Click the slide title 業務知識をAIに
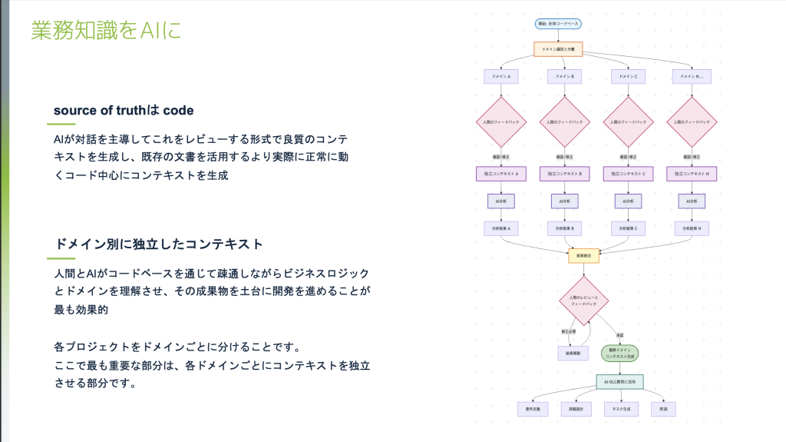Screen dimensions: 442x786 107,31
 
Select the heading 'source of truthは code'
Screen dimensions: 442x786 124,110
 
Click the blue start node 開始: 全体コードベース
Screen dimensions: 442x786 558,24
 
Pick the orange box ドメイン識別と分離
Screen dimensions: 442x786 558,48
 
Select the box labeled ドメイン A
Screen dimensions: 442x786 500,76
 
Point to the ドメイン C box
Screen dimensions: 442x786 628,76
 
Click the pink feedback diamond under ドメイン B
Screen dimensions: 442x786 564,121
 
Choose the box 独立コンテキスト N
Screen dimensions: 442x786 692,174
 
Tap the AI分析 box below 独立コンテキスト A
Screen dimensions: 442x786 500,201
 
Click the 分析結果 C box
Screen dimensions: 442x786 628,228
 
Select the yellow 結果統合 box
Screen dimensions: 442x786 583,255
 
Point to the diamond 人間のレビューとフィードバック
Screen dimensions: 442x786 583,301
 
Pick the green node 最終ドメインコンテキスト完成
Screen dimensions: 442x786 619,353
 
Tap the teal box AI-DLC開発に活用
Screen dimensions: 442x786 619,381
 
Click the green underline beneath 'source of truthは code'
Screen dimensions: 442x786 64,125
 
